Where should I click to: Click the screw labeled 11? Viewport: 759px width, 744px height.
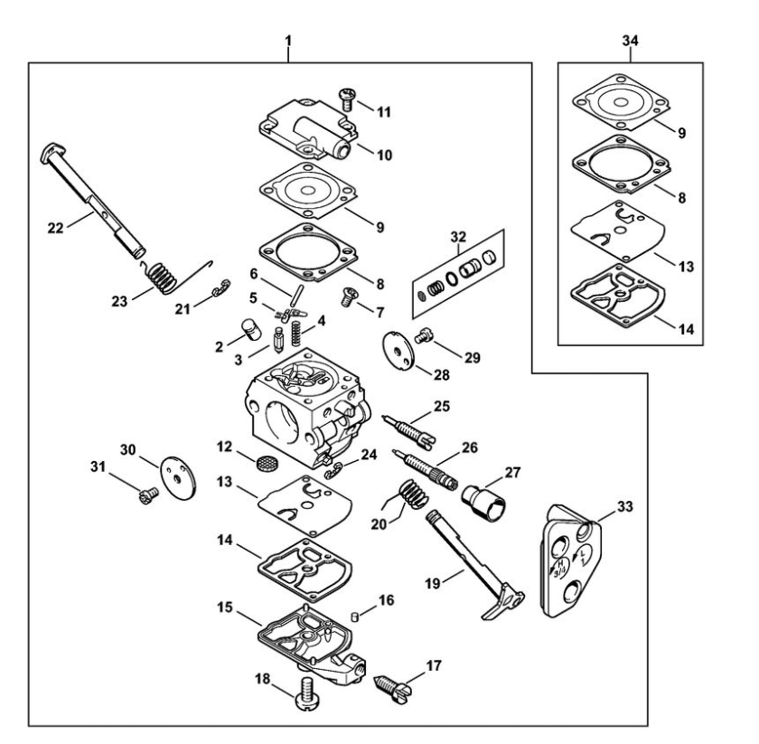[347, 99]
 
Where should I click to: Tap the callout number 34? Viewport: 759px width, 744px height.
[630, 41]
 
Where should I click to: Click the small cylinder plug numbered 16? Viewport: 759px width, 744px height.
[354, 617]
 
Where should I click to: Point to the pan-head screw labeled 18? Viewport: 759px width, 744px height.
[306, 694]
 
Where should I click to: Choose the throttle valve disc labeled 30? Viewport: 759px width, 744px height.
[179, 479]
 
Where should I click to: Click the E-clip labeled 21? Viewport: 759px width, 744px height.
[221, 287]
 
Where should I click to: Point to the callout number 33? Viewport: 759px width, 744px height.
[625, 506]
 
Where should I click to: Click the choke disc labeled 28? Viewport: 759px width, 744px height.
[398, 351]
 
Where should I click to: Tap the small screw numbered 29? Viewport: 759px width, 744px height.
[423, 335]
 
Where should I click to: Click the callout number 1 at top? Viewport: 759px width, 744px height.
[288, 41]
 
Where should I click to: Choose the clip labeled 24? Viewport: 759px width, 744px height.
[333, 469]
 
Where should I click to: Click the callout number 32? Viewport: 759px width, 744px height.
[458, 237]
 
